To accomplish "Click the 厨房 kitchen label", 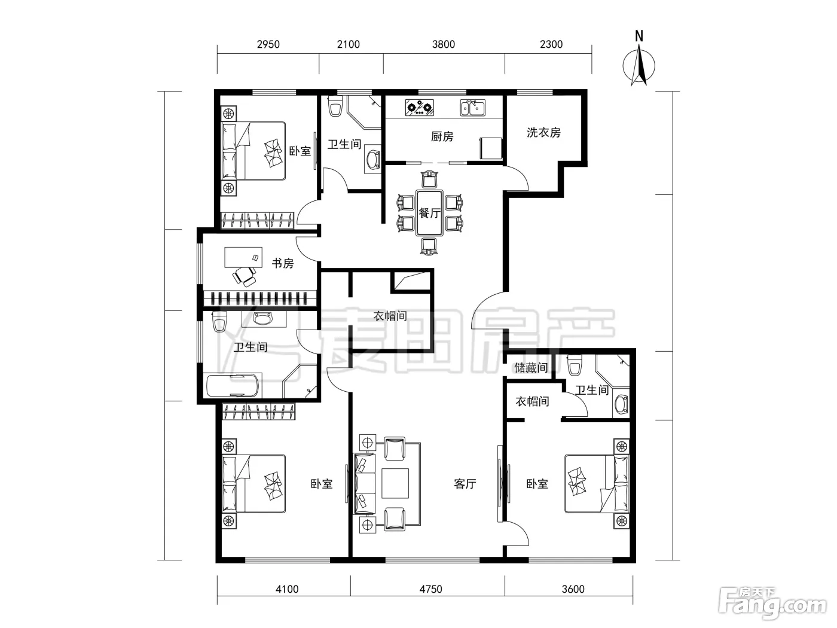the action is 442,136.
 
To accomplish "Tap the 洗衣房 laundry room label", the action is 543,132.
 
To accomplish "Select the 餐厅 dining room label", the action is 429,213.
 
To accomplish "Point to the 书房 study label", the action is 283,263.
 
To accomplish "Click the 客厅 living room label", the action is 465,484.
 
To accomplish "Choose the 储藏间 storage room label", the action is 531,368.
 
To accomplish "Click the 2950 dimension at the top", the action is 268,45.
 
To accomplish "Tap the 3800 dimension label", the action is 444,45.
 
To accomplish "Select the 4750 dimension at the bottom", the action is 430,589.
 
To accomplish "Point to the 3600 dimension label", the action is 573,589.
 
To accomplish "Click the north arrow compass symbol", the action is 639,66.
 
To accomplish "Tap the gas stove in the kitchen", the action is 420,108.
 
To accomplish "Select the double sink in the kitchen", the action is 472,108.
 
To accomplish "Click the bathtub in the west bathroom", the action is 232,386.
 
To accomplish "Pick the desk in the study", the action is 243,257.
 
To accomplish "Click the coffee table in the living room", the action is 395,483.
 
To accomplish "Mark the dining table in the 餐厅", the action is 429,213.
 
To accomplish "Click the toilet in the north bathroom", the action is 335,106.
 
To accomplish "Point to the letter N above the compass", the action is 639,36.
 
